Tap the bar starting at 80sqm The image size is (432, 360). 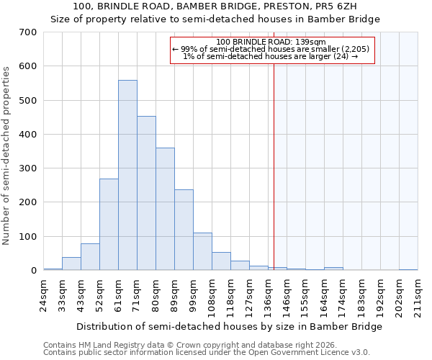point(165,209)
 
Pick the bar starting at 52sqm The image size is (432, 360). point(109,225)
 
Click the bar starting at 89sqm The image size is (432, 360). point(184,230)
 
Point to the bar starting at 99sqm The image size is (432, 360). point(202,251)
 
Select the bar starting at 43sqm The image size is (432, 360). point(90,257)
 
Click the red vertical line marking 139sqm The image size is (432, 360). point(274,158)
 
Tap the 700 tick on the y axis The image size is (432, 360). point(28,32)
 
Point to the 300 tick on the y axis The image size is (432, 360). point(28,168)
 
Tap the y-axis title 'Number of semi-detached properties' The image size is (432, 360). point(7,155)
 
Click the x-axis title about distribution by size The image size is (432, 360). point(229,326)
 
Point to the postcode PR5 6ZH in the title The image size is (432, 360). point(329,6)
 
